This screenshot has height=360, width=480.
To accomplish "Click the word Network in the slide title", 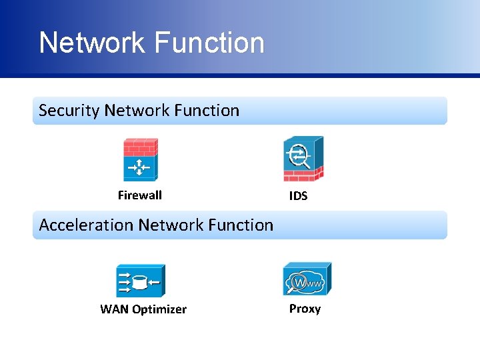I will (91, 43).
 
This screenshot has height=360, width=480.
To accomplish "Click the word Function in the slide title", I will (209, 43).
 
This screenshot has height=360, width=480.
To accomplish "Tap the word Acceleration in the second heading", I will (87, 225).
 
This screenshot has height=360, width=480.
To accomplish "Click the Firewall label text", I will (140, 195).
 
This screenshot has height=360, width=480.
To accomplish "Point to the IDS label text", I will (298, 197).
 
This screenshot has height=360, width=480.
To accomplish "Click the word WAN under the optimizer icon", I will (114, 309).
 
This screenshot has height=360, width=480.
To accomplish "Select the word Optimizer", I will (159, 309).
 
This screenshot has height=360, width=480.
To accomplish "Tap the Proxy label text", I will (305, 309).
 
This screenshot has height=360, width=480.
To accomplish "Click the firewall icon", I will (140, 160).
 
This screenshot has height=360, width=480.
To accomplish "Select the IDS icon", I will (303, 159).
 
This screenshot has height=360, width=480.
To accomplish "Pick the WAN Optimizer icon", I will (140, 281).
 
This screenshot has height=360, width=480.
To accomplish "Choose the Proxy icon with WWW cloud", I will (307, 279).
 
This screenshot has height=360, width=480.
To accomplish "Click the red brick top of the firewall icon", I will (140, 147).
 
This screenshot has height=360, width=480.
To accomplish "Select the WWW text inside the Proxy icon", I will (311, 284).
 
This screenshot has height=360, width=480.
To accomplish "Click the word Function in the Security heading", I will (209, 111).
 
